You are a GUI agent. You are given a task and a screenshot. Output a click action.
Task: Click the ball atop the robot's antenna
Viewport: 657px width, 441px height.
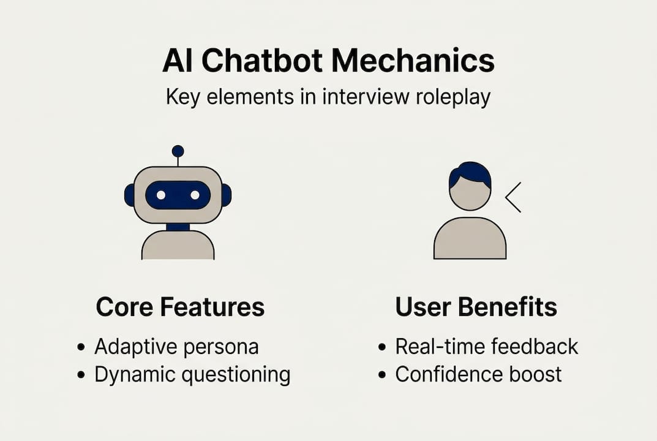178,151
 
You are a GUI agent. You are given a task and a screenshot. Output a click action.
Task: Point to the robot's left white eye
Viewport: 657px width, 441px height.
161,195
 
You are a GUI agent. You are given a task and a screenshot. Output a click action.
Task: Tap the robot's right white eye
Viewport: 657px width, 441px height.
195,195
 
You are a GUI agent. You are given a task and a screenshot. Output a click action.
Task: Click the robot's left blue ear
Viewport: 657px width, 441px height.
129,195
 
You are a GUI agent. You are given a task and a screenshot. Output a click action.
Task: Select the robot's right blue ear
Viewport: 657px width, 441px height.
226,195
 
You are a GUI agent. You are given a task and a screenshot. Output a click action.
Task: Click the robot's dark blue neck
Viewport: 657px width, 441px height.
178,227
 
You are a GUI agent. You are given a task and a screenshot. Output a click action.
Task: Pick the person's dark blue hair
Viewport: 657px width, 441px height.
470,173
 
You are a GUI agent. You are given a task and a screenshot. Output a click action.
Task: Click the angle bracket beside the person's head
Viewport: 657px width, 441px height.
512,197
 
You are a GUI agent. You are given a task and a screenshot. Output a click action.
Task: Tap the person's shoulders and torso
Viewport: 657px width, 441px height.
470,240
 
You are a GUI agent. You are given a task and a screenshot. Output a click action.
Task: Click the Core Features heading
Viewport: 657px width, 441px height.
180,307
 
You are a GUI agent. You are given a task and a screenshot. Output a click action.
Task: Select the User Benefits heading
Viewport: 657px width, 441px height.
476,307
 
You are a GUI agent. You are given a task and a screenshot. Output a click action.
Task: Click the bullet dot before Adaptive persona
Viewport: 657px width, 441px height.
81,347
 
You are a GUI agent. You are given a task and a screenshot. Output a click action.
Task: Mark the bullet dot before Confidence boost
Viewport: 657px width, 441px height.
383,374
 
